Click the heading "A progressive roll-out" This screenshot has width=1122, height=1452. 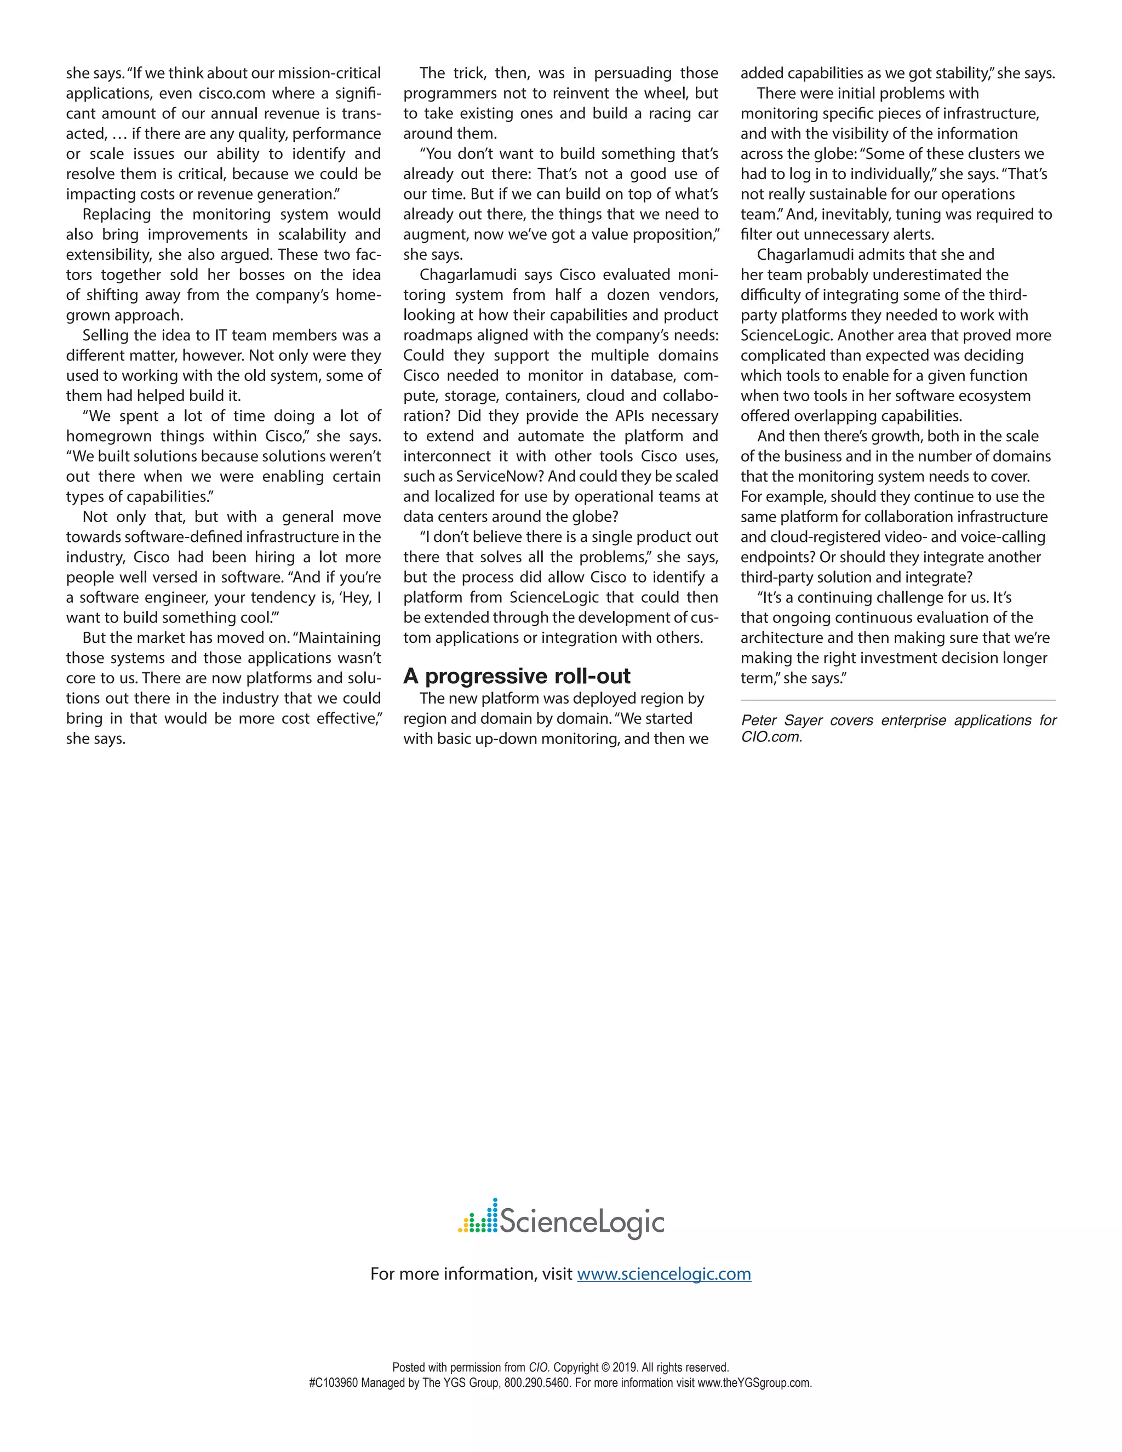click(517, 676)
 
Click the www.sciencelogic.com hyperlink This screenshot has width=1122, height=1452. click(663, 1274)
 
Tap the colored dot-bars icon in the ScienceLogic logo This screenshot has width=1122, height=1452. click(477, 1217)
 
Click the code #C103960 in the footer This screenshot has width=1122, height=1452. click(333, 1383)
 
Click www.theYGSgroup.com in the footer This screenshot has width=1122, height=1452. click(754, 1383)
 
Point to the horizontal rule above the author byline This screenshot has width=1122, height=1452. click(897, 700)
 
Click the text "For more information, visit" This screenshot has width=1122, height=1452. click(471, 1274)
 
